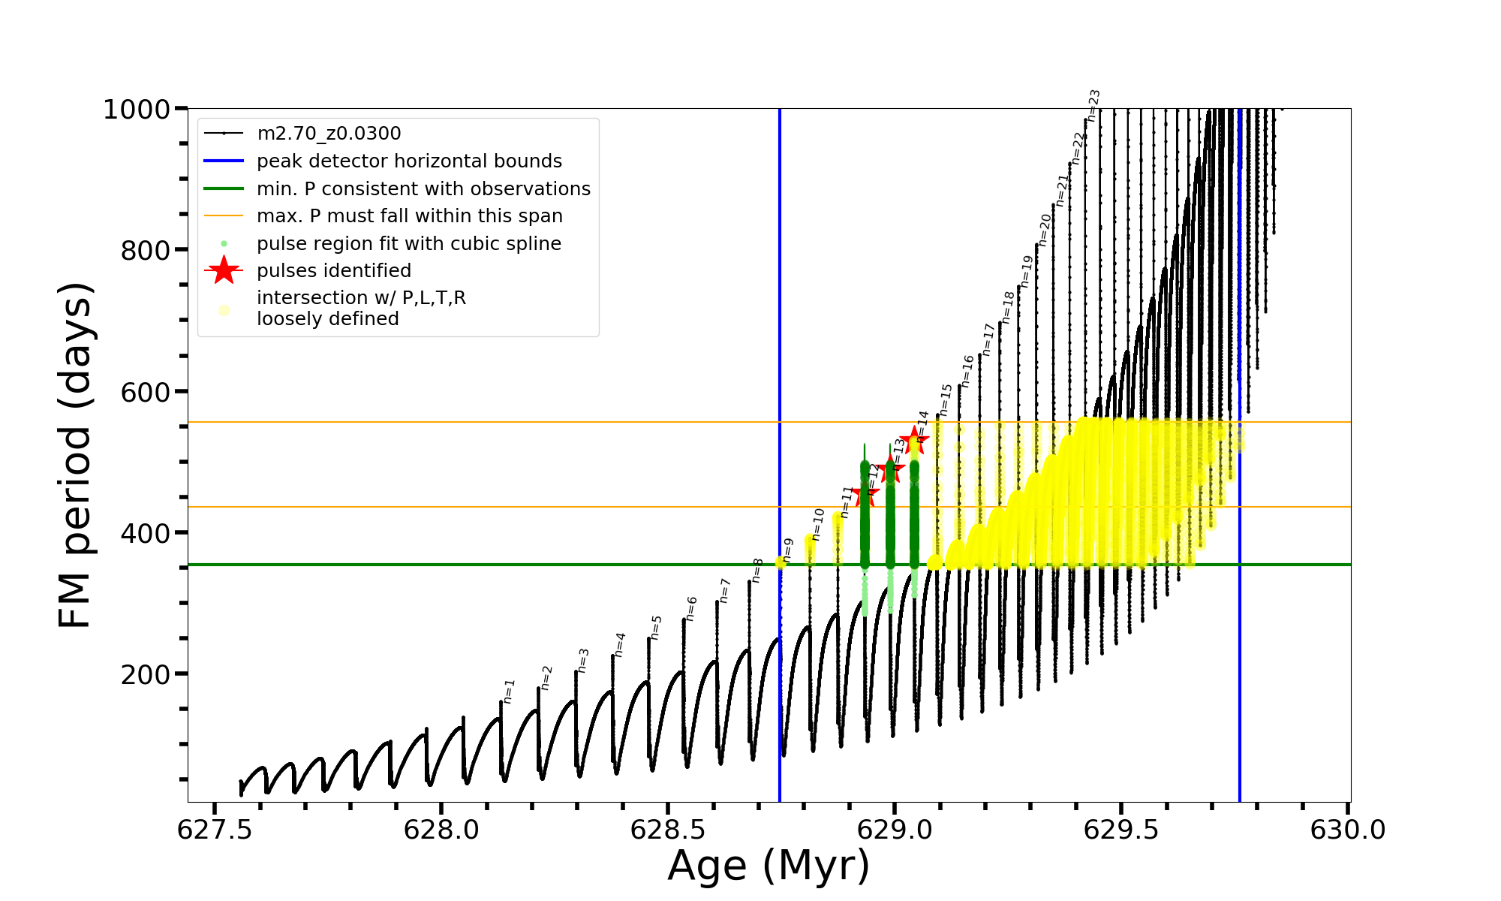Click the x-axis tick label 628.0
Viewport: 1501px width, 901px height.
pos(441,830)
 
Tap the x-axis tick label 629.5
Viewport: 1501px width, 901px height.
pos(1121,830)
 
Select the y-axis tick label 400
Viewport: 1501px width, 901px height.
pos(146,533)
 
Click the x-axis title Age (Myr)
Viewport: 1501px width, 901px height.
pos(769,866)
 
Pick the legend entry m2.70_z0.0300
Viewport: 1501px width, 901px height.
pos(329,134)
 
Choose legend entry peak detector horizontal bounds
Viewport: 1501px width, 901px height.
pos(409,161)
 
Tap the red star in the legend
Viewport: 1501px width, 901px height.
pos(224,270)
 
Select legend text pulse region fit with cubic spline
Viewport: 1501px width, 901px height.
pos(409,244)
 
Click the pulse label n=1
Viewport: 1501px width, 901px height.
pos(509,692)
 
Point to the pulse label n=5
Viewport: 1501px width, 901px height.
pos(656,628)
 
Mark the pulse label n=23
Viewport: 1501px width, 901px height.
pos(1093,105)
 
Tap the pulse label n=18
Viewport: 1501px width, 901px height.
pos(1008,307)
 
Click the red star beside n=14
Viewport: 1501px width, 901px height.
pos(914,441)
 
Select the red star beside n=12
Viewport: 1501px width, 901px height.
pos(865,494)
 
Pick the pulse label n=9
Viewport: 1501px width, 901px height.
pos(787,550)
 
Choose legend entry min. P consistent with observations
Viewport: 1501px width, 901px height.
pos(423,189)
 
